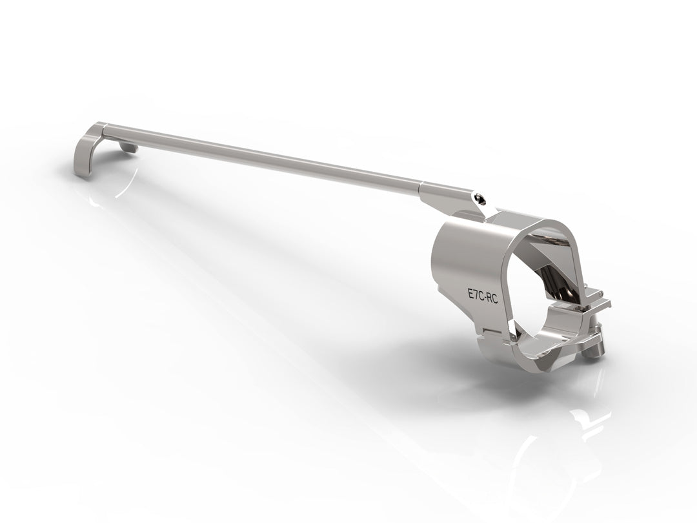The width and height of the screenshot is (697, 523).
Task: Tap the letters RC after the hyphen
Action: click(x=492, y=299)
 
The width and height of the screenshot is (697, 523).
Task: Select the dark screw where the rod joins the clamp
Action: click(x=479, y=198)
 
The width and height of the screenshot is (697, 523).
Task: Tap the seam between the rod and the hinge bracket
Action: click(x=422, y=186)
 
